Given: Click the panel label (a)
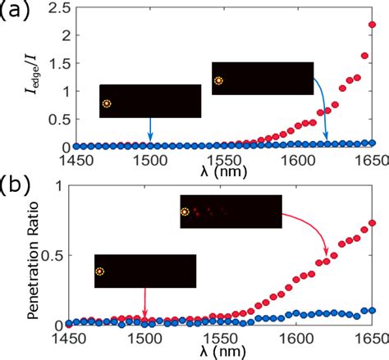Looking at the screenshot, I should [16, 12].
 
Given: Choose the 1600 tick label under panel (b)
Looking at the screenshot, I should [296, 336].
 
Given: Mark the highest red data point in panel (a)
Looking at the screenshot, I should [372, 25].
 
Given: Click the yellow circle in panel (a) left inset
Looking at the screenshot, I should [108, 103].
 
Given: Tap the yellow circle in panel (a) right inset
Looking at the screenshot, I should [218, 80].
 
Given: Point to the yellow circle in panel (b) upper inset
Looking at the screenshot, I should [185, 212].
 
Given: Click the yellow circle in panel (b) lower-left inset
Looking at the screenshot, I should [100, 271].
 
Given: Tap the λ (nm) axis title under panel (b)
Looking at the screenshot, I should [218, 350].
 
